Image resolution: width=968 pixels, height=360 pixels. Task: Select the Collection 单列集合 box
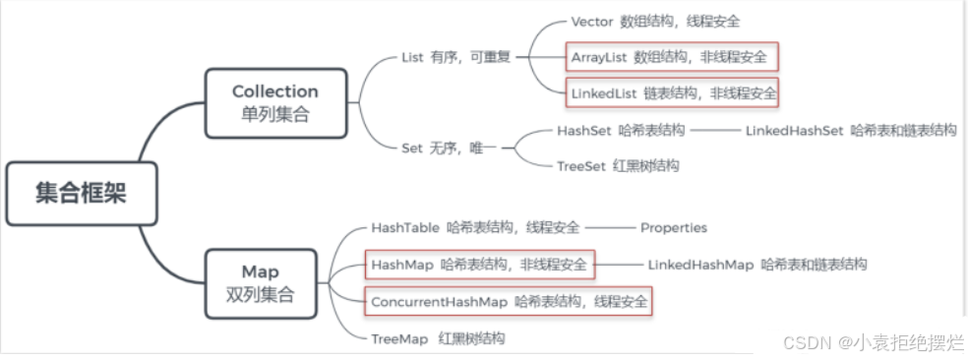pos(275,102)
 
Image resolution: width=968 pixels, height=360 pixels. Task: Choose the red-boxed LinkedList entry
pos(672,93)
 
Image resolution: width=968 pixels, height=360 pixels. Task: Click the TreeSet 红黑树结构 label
pos(616,165)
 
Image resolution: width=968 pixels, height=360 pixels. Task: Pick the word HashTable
pos(404,227)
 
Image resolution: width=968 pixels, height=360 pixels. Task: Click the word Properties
pos(673,227)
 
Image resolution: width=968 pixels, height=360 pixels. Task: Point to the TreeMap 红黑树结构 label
pos(438,337)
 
